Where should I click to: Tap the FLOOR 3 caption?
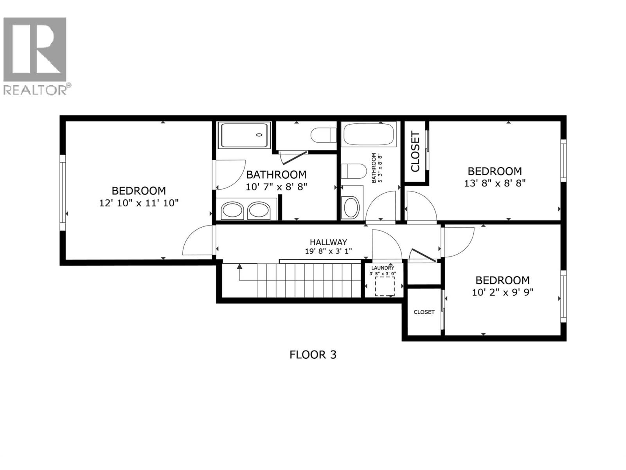coord(313,355)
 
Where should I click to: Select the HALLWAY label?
coord(328,242)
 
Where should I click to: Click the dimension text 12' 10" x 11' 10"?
coord(139,203)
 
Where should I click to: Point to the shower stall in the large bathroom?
coord(244,135)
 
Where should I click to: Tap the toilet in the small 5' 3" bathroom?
coord(354,171)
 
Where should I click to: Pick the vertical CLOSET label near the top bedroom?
coord(415,152)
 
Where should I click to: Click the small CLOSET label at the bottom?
coord(424,312)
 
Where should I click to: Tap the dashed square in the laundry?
coord(385,286)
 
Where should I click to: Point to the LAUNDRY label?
coord(383,268)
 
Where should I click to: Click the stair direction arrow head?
coord(239,267)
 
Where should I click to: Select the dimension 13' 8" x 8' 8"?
coord(495,183)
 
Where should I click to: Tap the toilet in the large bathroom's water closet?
coord(323,136)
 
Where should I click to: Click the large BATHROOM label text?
coord(276,175)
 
